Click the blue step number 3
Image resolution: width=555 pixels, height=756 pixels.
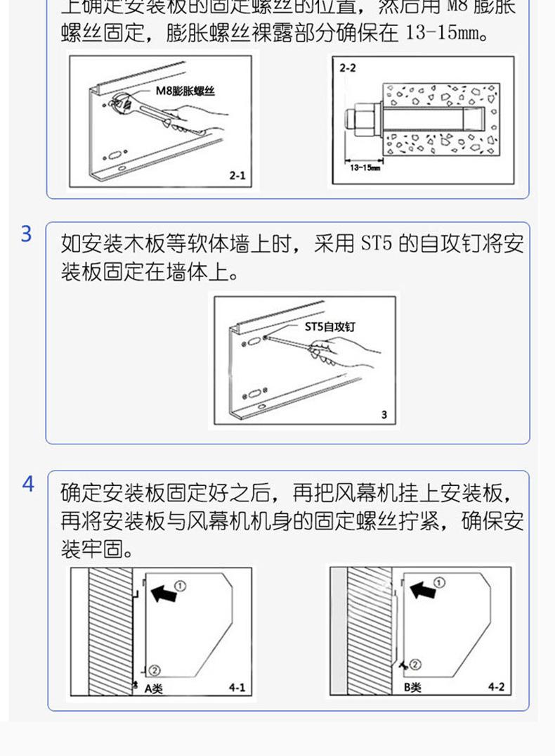coord(26,234)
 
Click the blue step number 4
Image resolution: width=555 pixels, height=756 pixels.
coord(27,484)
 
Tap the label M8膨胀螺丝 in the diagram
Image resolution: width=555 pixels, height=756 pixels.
coord(185,91)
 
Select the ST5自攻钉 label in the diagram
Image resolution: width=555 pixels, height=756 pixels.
coord(330,327)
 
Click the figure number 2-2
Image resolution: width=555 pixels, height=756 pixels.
coord(348,68)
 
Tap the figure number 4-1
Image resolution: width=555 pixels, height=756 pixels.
coord(237,687)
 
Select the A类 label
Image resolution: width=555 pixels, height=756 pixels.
coord(153,688)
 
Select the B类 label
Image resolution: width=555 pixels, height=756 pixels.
coord(412,687)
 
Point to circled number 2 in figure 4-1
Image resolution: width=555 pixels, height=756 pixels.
coord(155,671)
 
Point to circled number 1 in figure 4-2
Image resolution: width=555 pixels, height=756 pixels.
coord(439,582)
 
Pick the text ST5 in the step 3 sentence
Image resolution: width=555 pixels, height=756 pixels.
coord(375,245)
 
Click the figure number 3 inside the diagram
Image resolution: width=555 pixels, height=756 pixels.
coord(384,415)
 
